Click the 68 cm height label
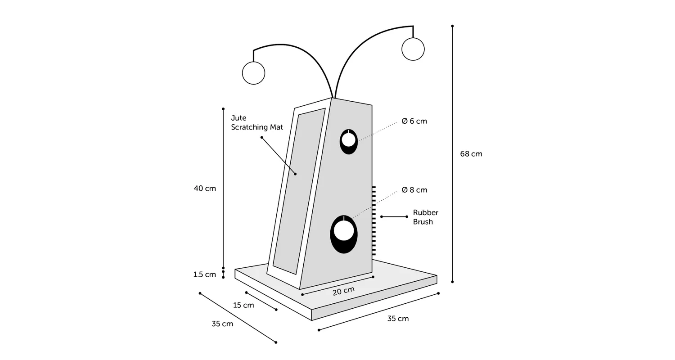click(x=471, y=154)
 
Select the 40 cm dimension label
click(x=205, y=189)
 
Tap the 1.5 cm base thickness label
click(x=205, y=274)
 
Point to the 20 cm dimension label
click(x=343, y=291)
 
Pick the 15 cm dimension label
click(x=243, y=305)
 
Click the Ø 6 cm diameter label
click(x=414, y=121)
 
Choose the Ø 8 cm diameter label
click(x=414, y=190)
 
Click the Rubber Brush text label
click(x=426, y=217)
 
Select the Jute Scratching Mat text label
click(x=257, y=122)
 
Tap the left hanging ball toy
click(x=253, y=73)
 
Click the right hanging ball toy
click(x=413, y=49)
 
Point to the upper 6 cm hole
click(x=349, y=142)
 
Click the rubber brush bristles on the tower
click(x=374, y=221)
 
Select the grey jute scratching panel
click(x=299, y=191)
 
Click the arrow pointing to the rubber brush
click(x=394, y=216)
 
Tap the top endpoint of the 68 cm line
click(x=452, y=26)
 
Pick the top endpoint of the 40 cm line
click(x=223, y=109)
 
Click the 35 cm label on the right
click(x=398, y=319)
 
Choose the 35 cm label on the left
click(x=222, y=324)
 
